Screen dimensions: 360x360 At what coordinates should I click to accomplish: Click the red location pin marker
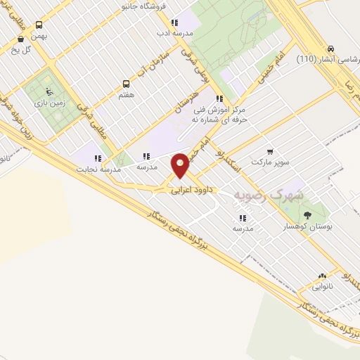tap(181, 165)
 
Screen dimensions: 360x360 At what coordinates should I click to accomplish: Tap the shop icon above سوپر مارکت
tap(271, 151)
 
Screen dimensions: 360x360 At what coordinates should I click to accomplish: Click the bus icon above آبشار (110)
tap(330, 48)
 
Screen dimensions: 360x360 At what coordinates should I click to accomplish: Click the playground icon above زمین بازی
tap(48, 90)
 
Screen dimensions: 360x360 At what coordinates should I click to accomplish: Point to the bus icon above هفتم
tap(126, 82)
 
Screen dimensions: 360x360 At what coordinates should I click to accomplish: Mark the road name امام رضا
tap(347, 92)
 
